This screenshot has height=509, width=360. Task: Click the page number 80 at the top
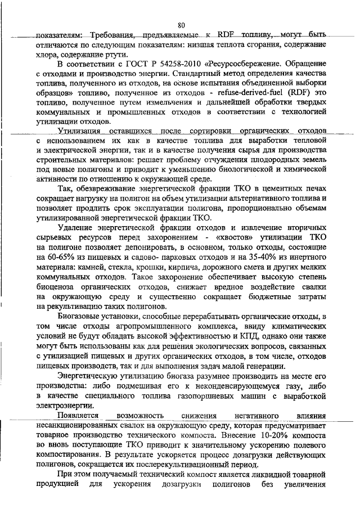point(181,25)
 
